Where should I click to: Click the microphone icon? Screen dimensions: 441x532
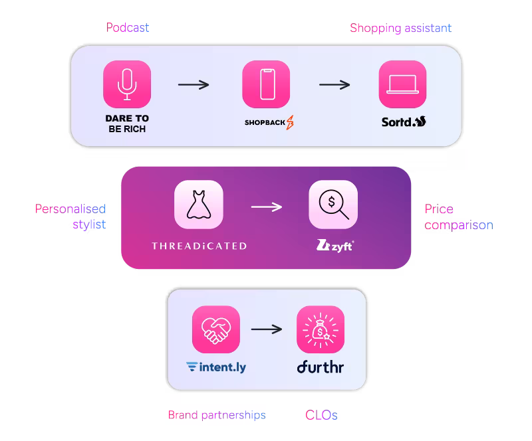point(127,84)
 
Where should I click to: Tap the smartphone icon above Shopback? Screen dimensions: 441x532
point(266,84)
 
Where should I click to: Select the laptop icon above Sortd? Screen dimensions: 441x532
point(402,84)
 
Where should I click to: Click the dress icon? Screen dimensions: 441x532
point(198,205)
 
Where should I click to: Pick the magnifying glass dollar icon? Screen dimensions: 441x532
point(333,205)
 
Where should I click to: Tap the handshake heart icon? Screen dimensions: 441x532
point(215,329)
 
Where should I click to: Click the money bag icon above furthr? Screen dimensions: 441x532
point(321,329)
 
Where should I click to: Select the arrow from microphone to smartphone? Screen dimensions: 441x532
point(194,84)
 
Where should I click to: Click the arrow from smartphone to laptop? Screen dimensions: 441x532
point(334,84)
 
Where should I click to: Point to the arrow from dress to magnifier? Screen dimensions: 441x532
point(266,207)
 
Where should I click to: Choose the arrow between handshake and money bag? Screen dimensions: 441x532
point(267,329)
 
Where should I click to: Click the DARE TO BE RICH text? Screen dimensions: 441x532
point(127,124)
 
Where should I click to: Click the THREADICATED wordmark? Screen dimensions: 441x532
point(199,246)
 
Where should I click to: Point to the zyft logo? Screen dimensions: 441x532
point(335,246)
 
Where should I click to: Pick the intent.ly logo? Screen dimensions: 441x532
point(216,367)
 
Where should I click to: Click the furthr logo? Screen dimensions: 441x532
point(321,367)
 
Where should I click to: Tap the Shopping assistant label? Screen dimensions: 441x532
point(400,28)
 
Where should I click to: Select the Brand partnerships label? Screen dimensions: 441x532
point(217,415)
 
